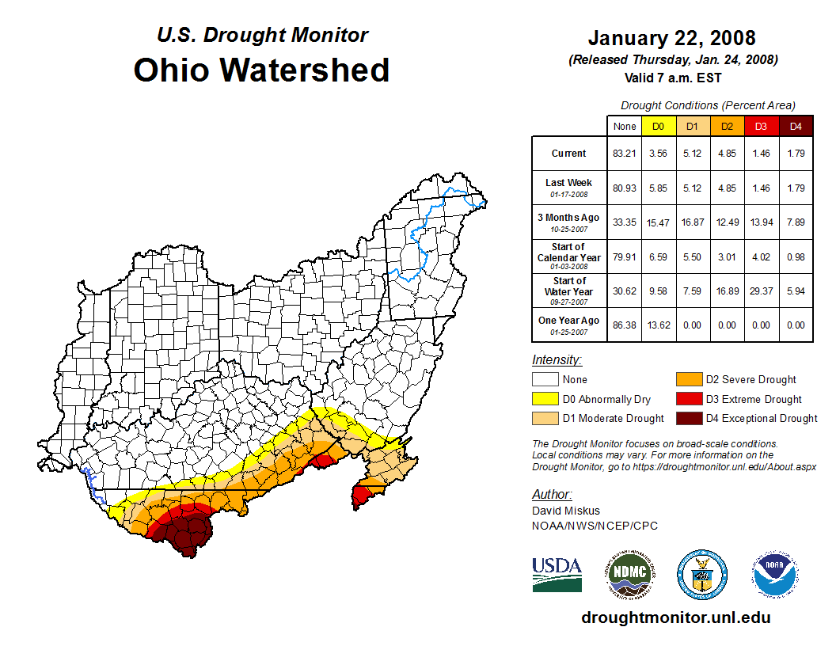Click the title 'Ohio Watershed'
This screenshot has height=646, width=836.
[261, 70]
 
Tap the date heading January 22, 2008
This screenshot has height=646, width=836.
[671, 38]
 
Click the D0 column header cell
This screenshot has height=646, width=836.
[658, 127]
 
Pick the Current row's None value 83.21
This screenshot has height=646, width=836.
[625, 154]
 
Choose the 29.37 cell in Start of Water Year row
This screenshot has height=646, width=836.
[761, 291]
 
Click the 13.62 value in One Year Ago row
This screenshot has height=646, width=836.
[658, 325]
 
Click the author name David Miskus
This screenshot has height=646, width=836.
[564, 511]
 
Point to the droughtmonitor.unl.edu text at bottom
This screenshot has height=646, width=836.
[675, 617]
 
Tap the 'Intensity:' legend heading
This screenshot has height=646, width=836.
[557, 359]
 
